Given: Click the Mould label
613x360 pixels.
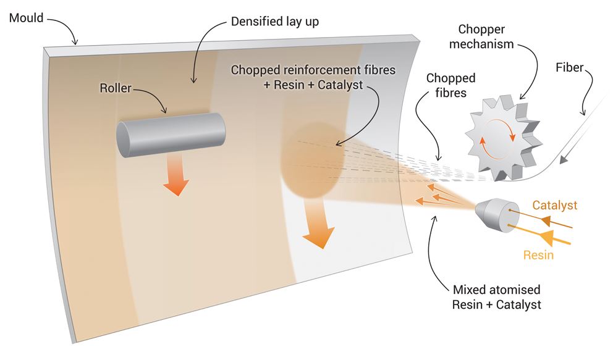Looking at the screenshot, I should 26,18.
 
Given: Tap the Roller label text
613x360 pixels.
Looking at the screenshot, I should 116,88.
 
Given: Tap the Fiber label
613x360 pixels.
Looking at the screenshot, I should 569,67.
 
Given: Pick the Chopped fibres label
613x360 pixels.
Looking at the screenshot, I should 452,86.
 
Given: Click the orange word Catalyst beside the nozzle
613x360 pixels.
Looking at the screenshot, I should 554,205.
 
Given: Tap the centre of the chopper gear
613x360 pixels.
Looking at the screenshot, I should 502,141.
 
